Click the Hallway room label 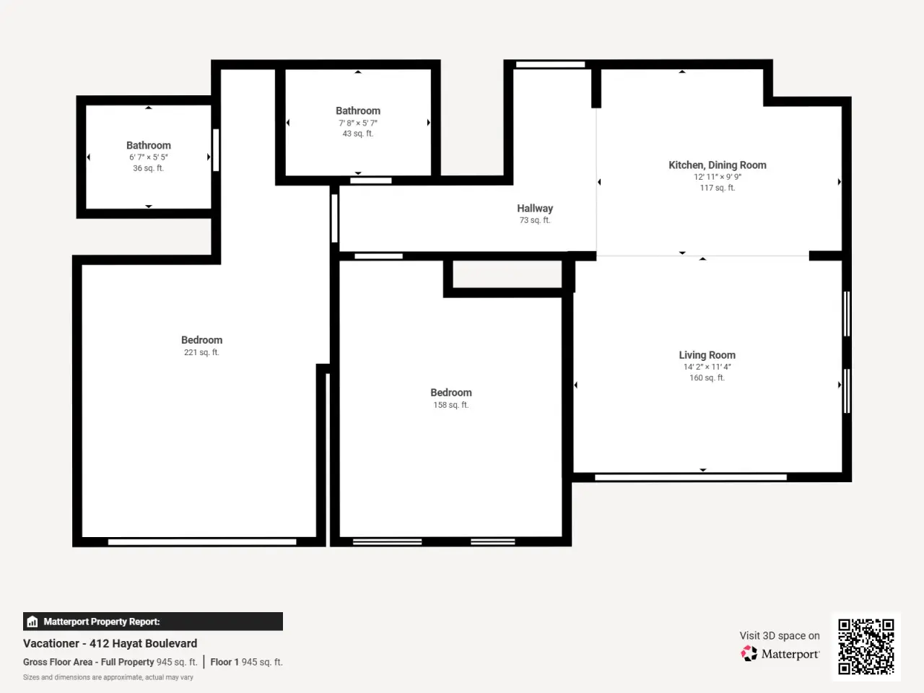[535, 209]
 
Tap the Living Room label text [707, 355]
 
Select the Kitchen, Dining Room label [718, 165]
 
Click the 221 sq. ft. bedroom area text [201, 352]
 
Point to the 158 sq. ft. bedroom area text [451, 405]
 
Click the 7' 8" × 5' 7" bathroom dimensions [358, 123]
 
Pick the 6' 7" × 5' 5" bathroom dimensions [148, 157]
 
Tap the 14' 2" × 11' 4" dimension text [707, 367]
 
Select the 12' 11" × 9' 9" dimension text [718, 177]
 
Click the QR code [866, 647]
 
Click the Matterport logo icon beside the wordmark [749, 653]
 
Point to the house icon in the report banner [32, 622]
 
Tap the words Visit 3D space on [780, 635]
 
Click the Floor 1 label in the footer [225, 662]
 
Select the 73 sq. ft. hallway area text [535, 220]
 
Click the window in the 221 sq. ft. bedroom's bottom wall [202, 542]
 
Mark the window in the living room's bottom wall [690, 477]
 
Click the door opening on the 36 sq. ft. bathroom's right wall [216, 150]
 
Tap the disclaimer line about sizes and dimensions [108, 677]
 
